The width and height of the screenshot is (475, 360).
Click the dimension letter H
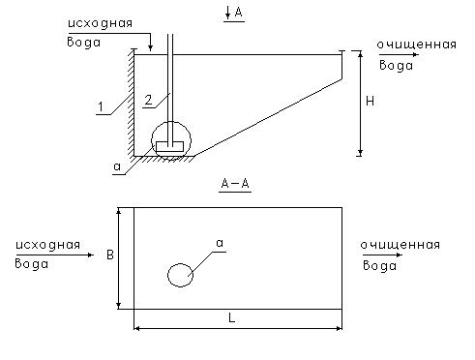(370, 102)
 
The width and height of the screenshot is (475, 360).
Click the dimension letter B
(110, 255)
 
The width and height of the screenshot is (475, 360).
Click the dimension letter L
(231, 318)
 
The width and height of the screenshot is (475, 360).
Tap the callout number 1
(101, 106)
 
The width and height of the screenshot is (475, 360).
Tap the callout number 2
(148, 100)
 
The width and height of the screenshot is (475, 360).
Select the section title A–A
(235, 184)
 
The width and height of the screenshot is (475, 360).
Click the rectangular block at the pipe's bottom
(169, 146)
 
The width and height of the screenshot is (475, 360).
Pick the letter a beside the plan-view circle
(220, 243)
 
